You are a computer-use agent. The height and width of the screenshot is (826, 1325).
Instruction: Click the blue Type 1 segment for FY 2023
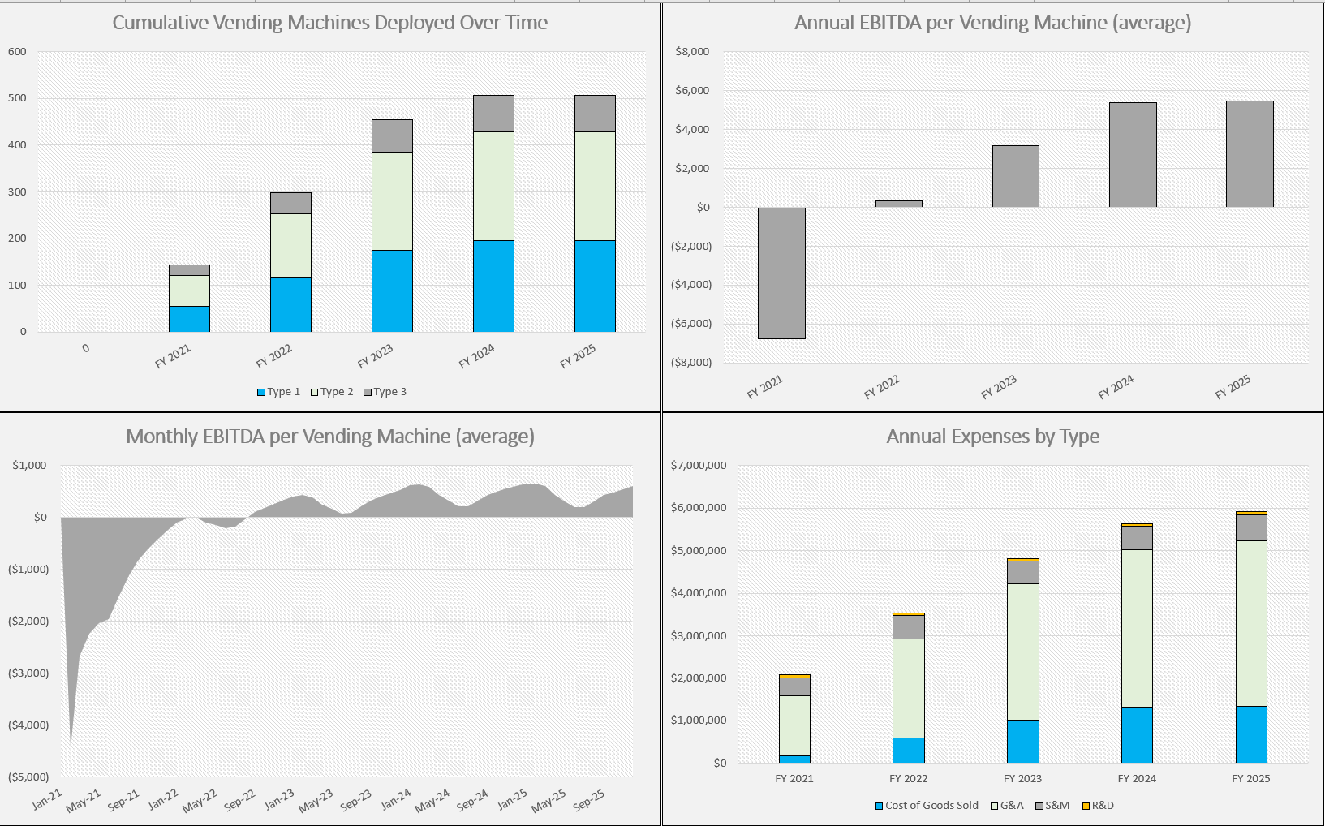click(x=392, y=290)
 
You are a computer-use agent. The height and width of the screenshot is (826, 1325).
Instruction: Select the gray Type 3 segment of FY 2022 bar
click(x=290, y=203)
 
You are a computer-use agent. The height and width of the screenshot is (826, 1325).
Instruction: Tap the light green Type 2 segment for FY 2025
click(x=595, y=186)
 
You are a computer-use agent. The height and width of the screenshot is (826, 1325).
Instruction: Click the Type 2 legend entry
click(x=333, y=392)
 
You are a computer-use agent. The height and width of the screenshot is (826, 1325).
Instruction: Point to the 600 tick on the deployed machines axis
click(x=17, y=51)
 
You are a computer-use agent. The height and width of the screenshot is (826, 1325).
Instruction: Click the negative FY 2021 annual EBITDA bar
click(x=781, y=273)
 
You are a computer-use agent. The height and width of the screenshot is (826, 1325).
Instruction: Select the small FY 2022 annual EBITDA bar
click(x=898, y=204)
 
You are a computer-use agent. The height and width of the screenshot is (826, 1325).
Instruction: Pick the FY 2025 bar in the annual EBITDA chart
click(x=1250, y=154)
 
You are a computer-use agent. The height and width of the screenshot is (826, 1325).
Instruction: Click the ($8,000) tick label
click(x=692, y=363)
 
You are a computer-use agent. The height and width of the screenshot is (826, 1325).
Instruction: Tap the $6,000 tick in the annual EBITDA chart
click(x=692, y=90)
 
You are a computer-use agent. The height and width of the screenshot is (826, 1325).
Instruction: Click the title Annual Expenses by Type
click(x=992, y=437)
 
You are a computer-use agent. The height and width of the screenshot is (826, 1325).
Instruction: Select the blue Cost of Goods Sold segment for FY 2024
click(x=1137, y=734)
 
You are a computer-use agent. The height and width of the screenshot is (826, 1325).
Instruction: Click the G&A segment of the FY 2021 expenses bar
click(x=794, y=725)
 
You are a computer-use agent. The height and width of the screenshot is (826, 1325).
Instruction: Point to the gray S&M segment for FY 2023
click(x=1022, y=572)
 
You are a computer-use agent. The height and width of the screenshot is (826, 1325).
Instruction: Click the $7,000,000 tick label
click(x=699, y=466)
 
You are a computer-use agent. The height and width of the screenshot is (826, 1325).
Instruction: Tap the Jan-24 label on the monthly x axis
click(x=397, y=799)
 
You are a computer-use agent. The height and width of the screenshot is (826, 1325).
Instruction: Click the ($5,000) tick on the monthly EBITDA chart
click(x=28, y=777)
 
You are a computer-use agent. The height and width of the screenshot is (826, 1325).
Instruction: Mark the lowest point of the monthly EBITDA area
click(x=71, y=743)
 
